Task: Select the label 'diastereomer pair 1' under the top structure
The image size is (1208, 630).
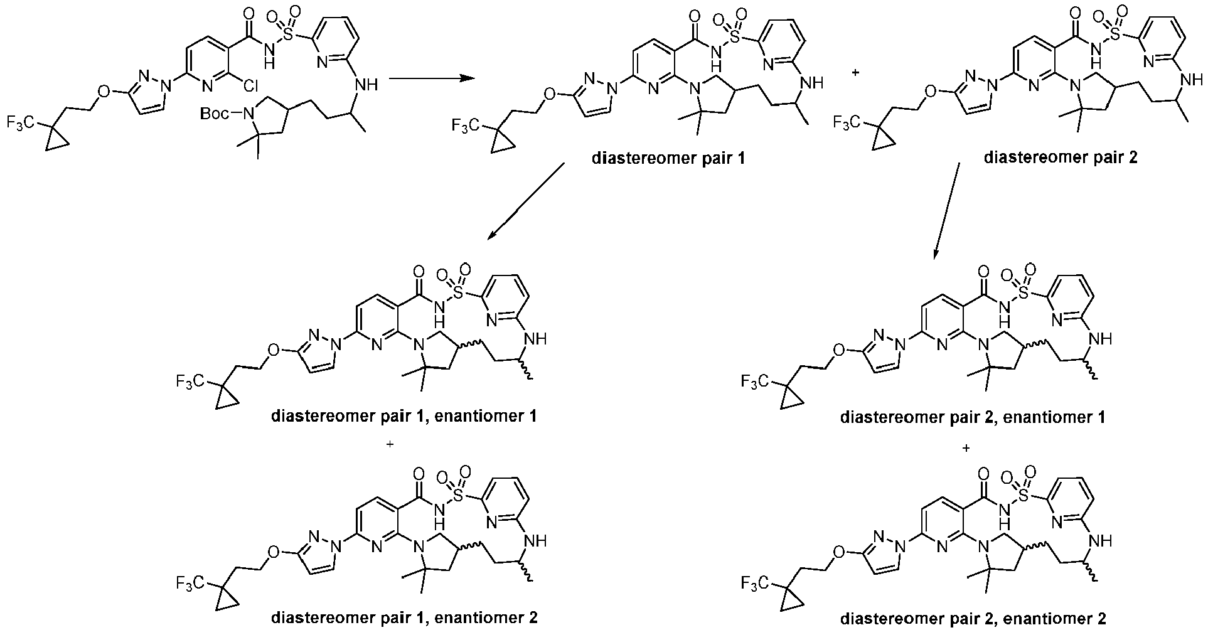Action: coord(668,158)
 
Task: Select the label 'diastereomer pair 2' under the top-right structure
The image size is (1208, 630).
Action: coord(1061,157)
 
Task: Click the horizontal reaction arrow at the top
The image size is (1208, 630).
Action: coord(430,78)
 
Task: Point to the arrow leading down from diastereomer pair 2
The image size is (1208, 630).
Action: coord(946,211)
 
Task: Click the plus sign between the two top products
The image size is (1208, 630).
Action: coord(857,73)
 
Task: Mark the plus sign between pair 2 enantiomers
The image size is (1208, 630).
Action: coord(966,448)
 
